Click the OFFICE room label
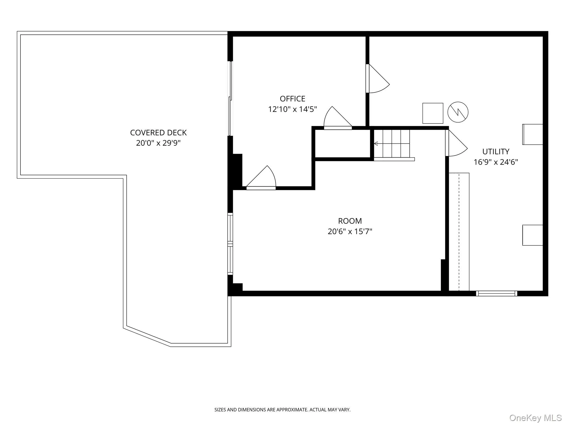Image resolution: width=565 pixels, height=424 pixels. point(292,99)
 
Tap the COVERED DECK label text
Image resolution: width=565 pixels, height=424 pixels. point(158,133)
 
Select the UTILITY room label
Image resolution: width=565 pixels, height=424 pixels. point(496,152)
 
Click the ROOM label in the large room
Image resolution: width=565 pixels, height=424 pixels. point(350,221)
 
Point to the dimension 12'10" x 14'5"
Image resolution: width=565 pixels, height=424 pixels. point(292,109)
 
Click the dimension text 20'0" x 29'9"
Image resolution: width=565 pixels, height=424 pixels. point(158,143)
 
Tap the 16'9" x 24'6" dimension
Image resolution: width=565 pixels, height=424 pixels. point(496,162)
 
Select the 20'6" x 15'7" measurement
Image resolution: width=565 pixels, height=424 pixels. point(350,231)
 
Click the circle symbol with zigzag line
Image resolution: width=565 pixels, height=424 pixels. point(458,112)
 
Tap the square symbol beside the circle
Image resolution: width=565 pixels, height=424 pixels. point(433,113)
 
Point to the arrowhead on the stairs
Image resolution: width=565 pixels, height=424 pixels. point(375,144)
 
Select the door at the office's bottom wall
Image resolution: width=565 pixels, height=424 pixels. point(261,178)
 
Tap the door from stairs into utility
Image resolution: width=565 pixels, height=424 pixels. point(456,143)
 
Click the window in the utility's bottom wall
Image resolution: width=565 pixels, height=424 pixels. point(497,293)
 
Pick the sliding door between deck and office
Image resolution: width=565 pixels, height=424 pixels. point(230,99)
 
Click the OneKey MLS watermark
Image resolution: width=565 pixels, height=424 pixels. point(535,418)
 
